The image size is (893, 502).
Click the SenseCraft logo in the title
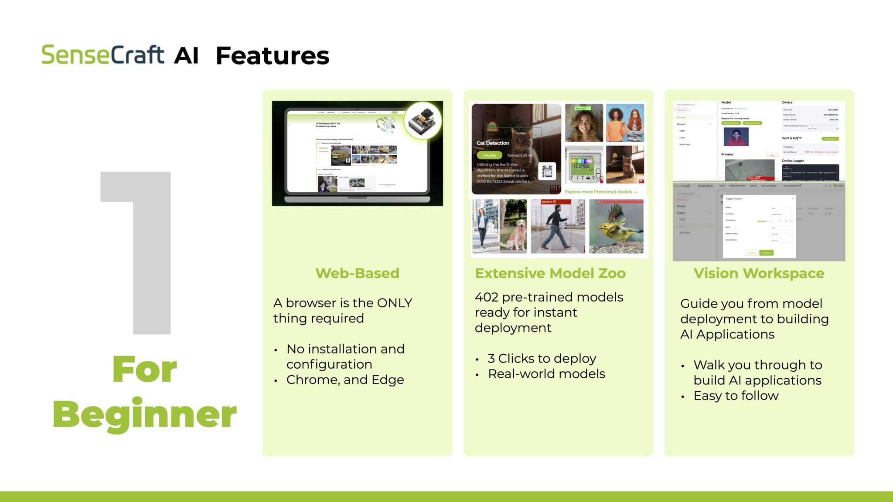tap(102, 55)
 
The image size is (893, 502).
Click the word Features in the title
tap(273, 56)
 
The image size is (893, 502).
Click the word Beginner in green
tap(144, 414)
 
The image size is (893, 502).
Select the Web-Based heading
tap(357, 273)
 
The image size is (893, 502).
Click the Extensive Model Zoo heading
tap(550, 273)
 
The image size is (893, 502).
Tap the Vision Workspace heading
tap(759, 273)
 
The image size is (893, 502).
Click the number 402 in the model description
tap(486, 297)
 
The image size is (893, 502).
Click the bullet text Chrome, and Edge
tap(345, 380)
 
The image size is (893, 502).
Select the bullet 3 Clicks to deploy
tap(542, 359)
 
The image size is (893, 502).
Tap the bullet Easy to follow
tap(736, 396)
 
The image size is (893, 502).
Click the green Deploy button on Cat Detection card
tap(489, 156)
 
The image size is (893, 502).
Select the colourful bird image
tap(616, 227)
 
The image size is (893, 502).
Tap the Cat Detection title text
tap(493, 143)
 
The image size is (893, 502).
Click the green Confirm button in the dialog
tap(766, 253)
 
